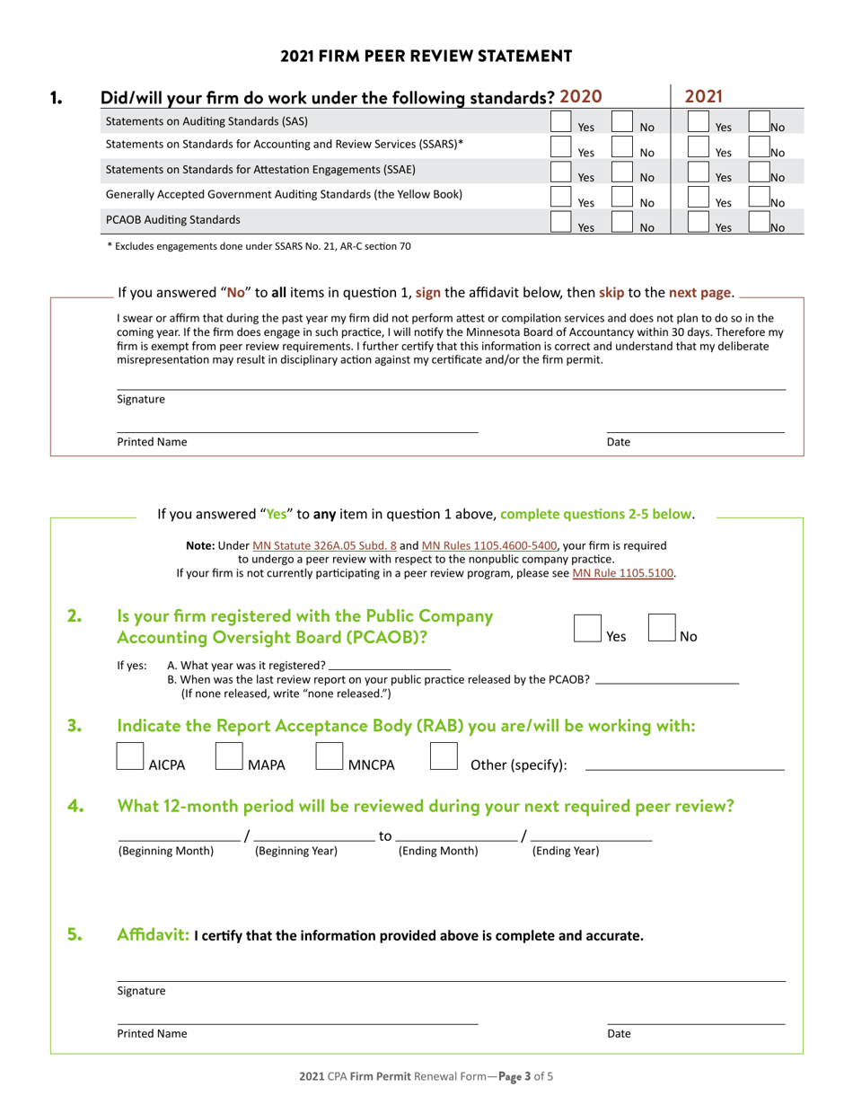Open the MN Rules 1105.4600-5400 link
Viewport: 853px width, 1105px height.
click(x=489, y=545)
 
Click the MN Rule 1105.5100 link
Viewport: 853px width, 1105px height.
click(x=623, y=573)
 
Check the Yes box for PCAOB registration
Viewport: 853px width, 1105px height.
click(x=587, y=628)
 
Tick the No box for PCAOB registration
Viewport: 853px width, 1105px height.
click(x=662, y=628)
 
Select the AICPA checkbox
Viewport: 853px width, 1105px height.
click(x=131, y=756)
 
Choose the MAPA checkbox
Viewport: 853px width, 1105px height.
click(x=230, y=756)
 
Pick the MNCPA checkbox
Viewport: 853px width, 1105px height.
click(x=330, y=756)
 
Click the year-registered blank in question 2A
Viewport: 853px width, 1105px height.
click(x=390, y=666)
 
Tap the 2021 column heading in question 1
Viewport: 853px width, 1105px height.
click(x=704, y=96)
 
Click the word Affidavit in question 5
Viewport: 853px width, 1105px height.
click(x=154, y=935)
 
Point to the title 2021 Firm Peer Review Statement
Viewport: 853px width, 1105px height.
click(x=426, y=56)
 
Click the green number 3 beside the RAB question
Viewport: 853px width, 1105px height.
click(x=75, y=726)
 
